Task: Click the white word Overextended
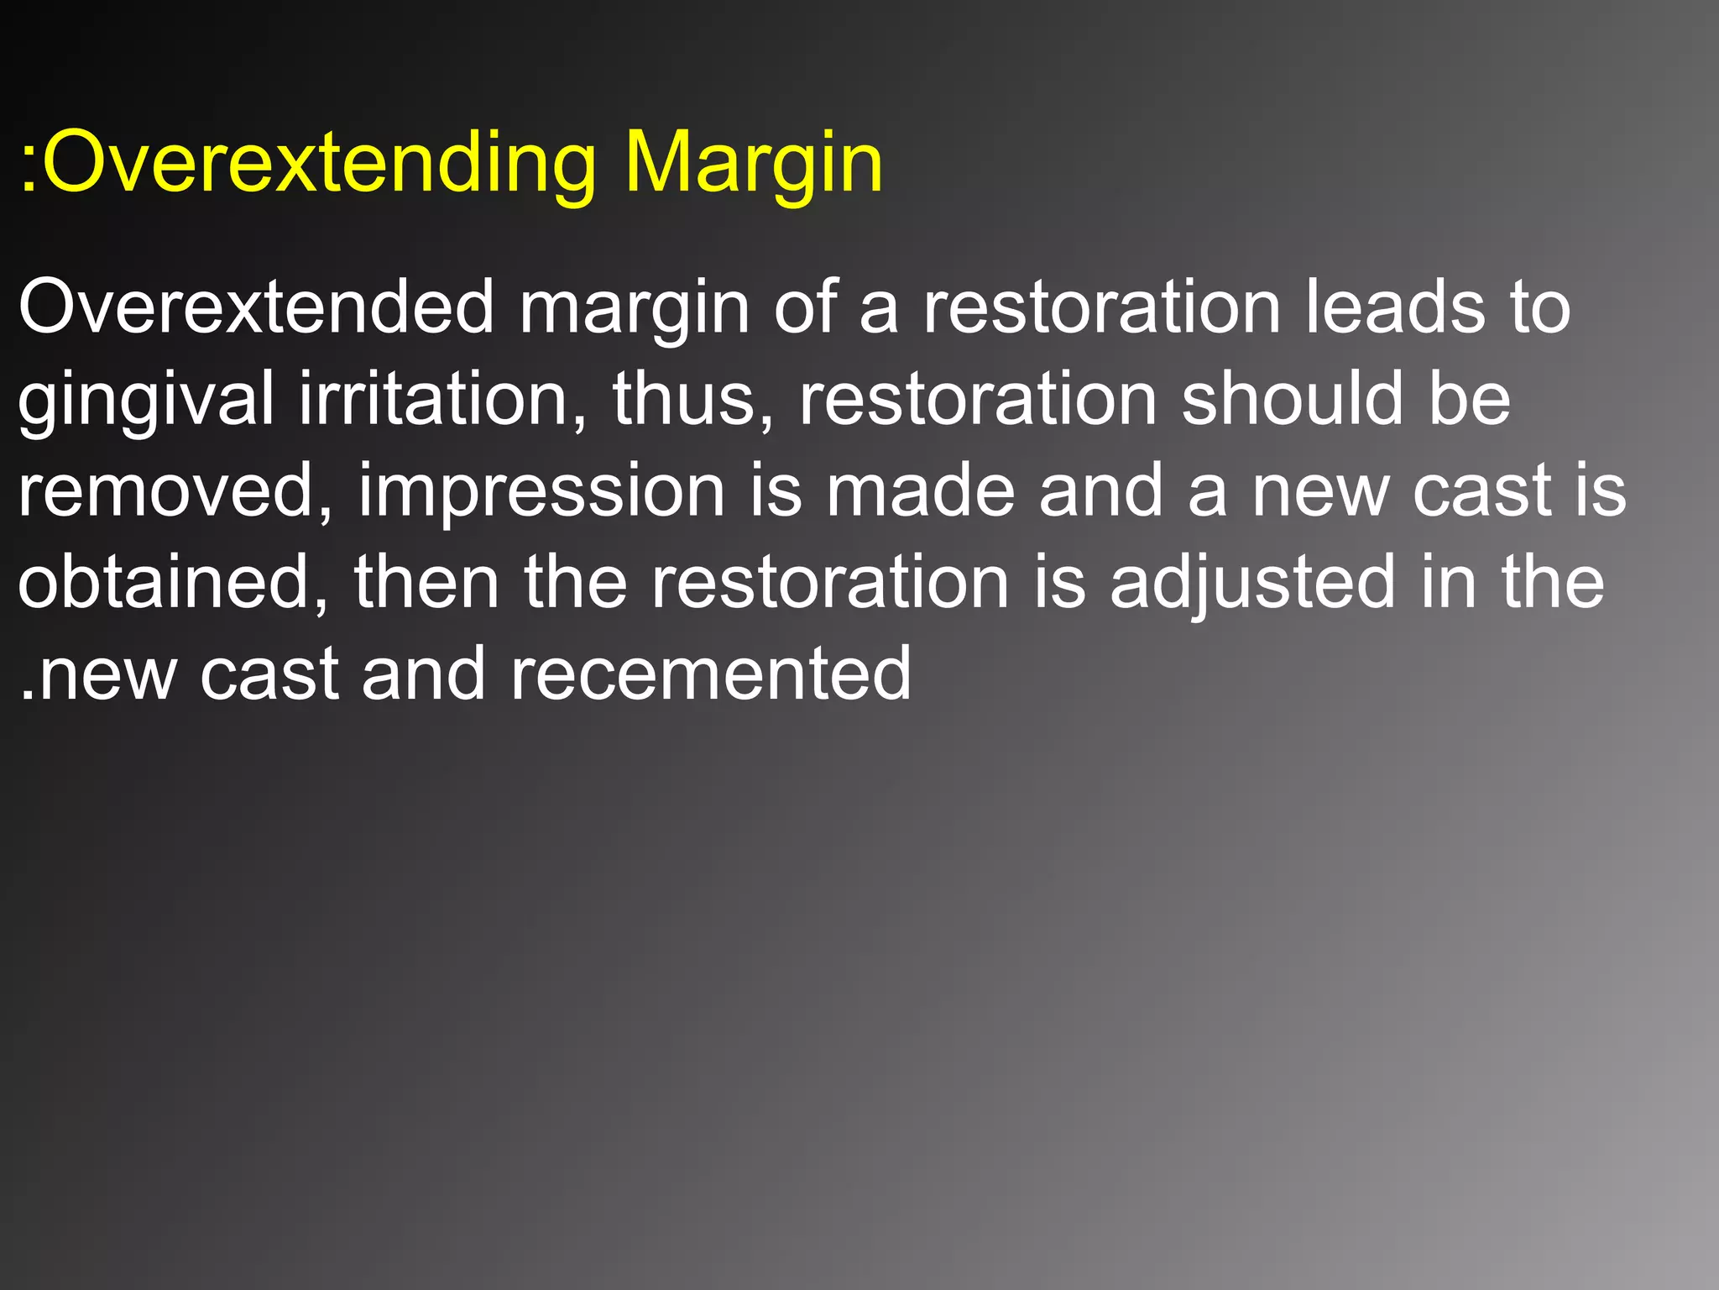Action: (x=256, y=307)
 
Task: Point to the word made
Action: (x=920, y=490)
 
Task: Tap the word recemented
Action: (x=710, y=674)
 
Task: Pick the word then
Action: (x=427, y=582)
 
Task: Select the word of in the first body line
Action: (x=805, y=307)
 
